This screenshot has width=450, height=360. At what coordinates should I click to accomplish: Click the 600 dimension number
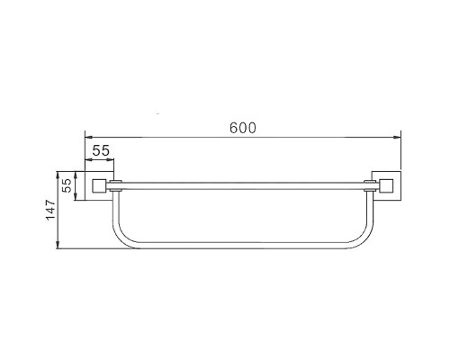pyautogui.click(x=243, y=128)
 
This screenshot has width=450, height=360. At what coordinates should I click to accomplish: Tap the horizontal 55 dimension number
pyautogui.click(x=101, y=150)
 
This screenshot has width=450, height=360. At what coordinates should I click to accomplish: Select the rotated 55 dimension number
pyautogui.click(x=67, y=185)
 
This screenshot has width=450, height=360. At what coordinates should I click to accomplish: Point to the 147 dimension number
pyautogui.click(x=50, y=210)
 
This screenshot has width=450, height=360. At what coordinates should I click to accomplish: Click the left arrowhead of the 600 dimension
pyautogui.click(x=89, y=138)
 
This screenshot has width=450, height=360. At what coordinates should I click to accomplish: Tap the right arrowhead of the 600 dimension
pyautogui.click(x=397, y=138)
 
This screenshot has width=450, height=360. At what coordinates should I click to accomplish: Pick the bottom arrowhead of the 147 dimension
pyautogui.click(x=58, y=245)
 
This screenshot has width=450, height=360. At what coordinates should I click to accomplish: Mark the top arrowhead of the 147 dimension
pyautogui.click(x=58, y=175)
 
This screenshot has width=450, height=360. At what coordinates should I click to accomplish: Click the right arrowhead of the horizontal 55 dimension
pyautogui.click(x=111, y=160)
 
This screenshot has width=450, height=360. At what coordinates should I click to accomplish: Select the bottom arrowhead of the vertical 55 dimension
pyautogui.click(x=76, y=196)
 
